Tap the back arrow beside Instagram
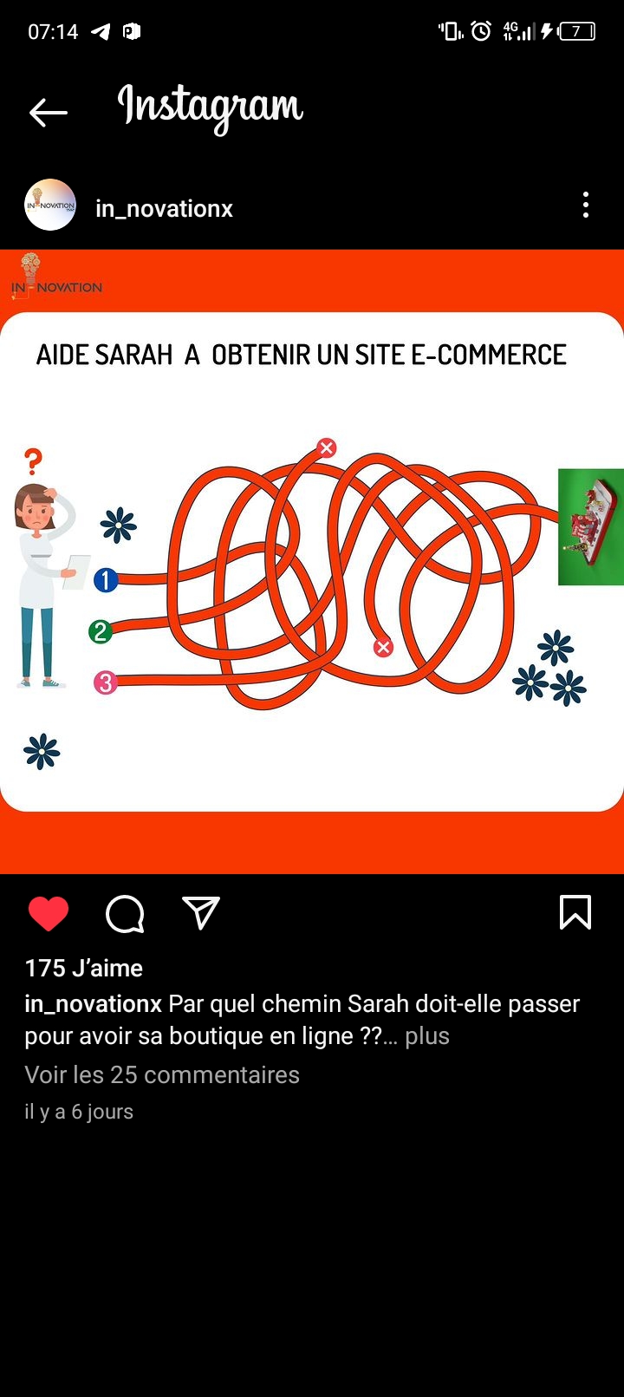pyautogui.click(x=48, y=113)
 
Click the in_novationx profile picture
pyautogui.click(x=50, y=205)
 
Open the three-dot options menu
pyautogui.click(x=585, y=205)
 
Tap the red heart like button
pyautogui.click(x=48, y=913)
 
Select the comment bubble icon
pyautogui.click(x=125, y=914)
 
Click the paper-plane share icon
pyautogui.click(x=201, y=913)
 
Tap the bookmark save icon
pyautogui.click(x=575, y=912)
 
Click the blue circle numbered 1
pyautogui.click(x=106, y=580)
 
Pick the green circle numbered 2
pyautogui.click(x=101, y=632)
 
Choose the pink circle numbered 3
pyautogui.click(x=106, y=682)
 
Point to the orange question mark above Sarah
pyautogui.click(x=33, y=461)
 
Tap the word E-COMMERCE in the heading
pyautogui.click(x=488, y=355)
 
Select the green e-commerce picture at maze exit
pyautogui.click(x=590, y=527)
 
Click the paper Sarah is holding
pyautogui.click(x=76, y=572)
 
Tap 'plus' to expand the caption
pyautogui.click(x=427, y=1036)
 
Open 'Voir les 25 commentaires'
pyautogui.click(x=162, y=1074)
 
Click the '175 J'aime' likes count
pyautogui.click(x=83, y=968)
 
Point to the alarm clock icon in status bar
pyautogui.click(x=481, y=30)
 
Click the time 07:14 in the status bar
pyautogui.click(x=53, y=31)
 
